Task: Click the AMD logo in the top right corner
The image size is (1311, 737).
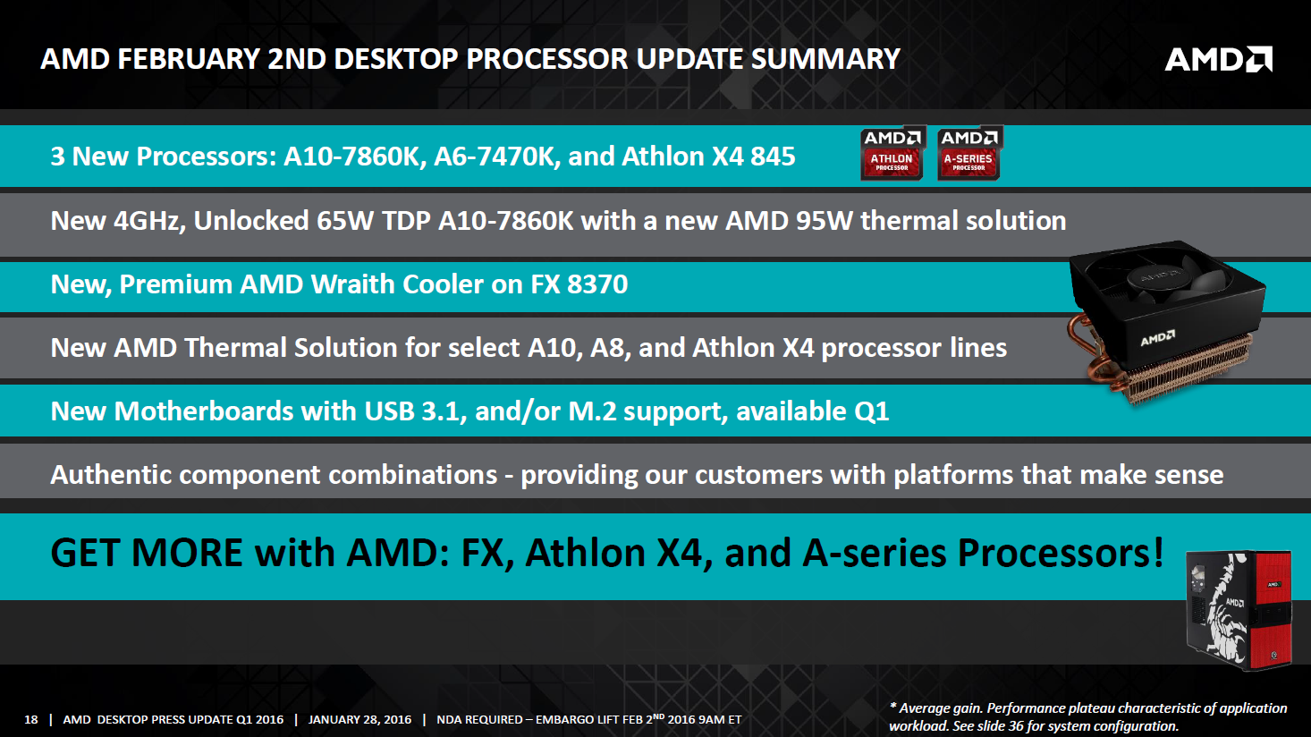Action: (x=1219, y=59)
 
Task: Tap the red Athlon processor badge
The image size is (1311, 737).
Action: (x=892, y=153)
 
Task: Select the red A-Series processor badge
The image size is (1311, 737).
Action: (x=969, y=153)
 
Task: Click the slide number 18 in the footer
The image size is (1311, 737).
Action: (x=31, y=719)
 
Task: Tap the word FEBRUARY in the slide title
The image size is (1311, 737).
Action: (x=189, y=59)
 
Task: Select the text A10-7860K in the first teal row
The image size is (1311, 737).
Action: (x=351, y=157)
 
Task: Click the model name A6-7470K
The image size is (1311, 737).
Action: (x=493, y=157)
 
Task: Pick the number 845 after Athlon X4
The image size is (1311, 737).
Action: (x=773, y=157)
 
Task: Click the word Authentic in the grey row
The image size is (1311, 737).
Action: (x=111, y=474)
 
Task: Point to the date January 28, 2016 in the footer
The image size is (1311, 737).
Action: (x=359, y=719)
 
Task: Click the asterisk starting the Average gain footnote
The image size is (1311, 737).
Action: (x=893, y=706)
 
